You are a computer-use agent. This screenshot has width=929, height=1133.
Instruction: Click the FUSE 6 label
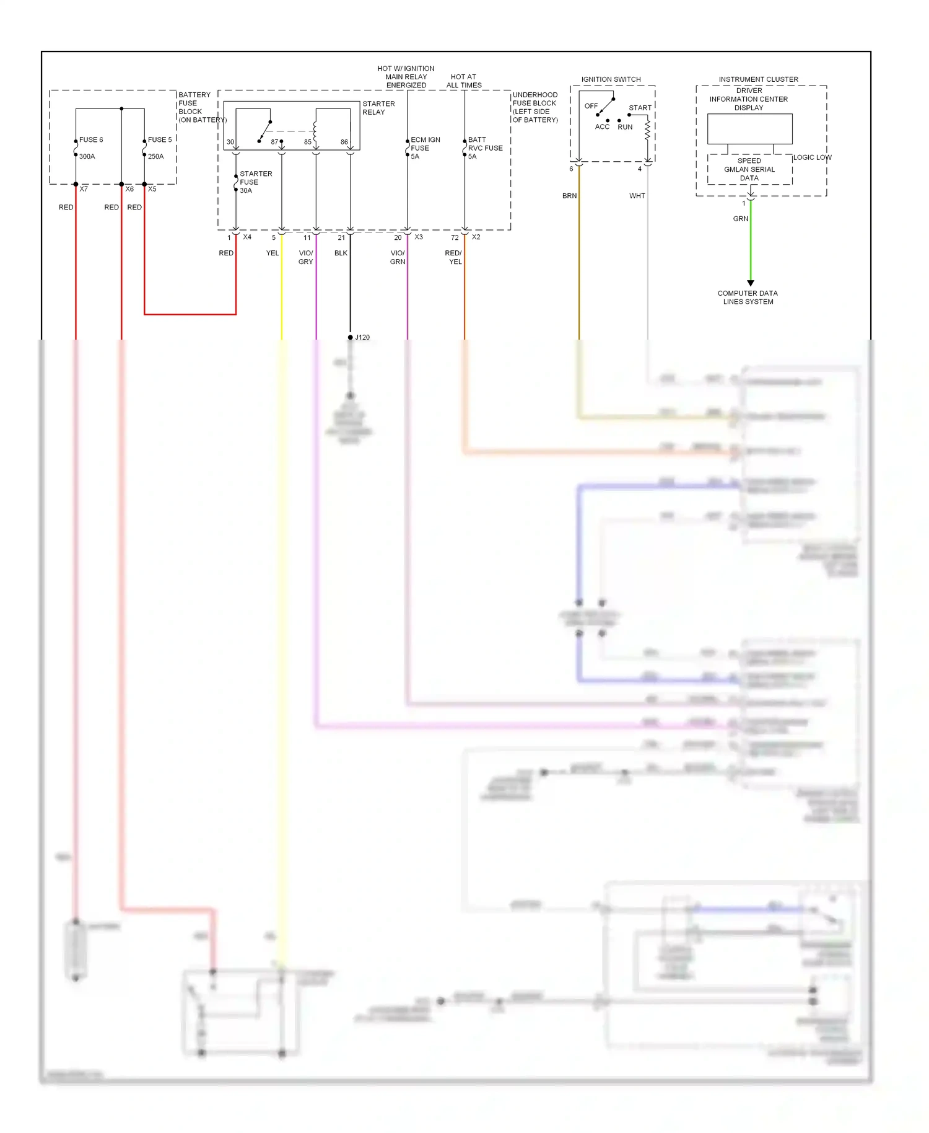(x=91, y=140)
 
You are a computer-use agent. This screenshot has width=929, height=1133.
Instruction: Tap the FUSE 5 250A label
(x=159, y=148)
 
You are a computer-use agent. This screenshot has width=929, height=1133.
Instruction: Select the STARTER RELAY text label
(x=378, y=108)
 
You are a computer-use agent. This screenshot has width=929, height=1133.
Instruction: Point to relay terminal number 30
(x=230, y=142)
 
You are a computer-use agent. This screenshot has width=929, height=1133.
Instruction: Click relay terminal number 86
(x=344, y=142)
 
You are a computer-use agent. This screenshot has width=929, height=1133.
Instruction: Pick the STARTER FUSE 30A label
(x=255, y=182)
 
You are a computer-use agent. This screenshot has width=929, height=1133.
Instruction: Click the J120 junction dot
(x=351, y=337)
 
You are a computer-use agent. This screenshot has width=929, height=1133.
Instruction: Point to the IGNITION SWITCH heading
(x=611, y=79)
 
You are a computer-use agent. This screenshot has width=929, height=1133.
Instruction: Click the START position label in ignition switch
(x=640, y=108)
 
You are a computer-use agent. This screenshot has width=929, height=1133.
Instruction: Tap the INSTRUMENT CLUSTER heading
(x=758, y=79)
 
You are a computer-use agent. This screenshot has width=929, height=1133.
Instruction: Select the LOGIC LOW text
(x=812, y=157)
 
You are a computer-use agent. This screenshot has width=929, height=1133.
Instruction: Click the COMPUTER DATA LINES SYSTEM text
(x=748, y=298)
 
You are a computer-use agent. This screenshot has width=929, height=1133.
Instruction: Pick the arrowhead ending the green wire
(x=751, y=283)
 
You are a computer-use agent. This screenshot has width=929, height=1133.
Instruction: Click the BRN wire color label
(x=569, y=196)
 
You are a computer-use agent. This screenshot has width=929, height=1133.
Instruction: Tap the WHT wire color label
(x=637, y=196)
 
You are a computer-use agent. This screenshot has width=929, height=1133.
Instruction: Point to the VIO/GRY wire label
(x=306, y=257)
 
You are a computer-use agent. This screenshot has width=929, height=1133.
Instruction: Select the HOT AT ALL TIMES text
(x=464, y=81)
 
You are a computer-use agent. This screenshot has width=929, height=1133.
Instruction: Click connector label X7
(x=84, y=189)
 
